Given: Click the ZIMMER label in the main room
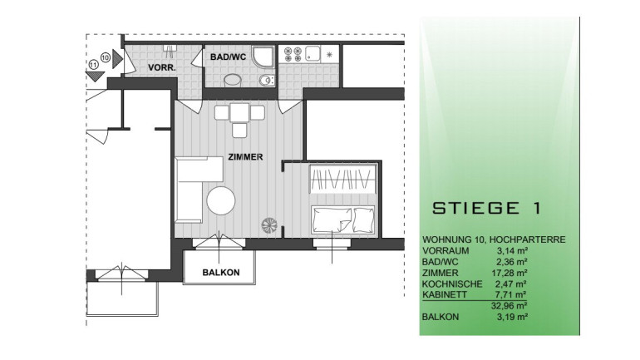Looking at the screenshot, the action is tap(245, 157).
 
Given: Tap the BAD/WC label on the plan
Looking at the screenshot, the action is tap(229, 57).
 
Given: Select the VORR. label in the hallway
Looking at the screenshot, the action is tap(162, 67).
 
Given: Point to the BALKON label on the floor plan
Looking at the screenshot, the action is tap(221, 272).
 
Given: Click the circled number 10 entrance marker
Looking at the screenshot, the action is tap(106, 57).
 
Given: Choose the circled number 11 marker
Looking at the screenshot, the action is tap(93, 65).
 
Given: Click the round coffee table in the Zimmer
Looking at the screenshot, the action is tap(221, 201).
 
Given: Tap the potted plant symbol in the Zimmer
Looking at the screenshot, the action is tap(269, 225).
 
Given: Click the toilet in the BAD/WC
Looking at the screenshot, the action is tap(267, 81).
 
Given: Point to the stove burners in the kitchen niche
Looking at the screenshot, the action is tap(293, 55).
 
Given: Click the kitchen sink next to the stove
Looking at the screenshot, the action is tap(313, 53).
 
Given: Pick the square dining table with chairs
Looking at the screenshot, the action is tap(239, 116).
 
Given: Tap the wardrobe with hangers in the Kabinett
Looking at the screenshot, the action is tap(342, 179).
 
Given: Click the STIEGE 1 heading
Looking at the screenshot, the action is tap(486, 208).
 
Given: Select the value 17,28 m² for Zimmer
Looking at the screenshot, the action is tap(510, 273).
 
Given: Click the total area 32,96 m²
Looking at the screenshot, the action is tap(510, 306).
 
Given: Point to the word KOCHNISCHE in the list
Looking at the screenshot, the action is tap(452, 284).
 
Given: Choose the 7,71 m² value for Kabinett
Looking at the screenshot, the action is tap(511, 294).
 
